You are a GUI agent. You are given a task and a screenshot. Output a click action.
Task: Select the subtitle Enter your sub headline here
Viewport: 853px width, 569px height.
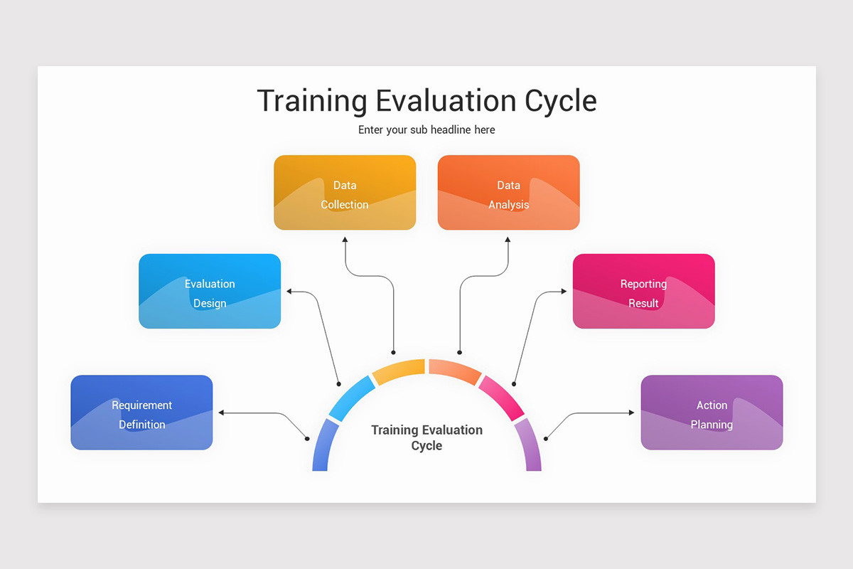(x=426, y=130)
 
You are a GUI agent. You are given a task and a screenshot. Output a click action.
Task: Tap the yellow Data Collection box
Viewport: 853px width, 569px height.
(x=345, y=193)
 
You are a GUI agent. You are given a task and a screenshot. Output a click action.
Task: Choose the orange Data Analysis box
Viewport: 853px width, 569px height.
(x=508, y=193)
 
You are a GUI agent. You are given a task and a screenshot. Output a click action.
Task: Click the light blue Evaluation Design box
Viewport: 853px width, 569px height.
(x=210, y=292)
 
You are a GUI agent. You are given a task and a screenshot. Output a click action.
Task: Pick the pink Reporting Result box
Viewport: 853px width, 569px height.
(x=643, y=292)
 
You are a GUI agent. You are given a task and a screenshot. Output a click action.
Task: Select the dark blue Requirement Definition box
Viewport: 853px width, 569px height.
(x=141, y=413)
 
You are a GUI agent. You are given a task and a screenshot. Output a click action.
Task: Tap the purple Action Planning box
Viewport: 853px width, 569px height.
(x=712, y=413)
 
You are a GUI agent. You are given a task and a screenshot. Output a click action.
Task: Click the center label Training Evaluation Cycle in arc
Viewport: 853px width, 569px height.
(x=426, y=437)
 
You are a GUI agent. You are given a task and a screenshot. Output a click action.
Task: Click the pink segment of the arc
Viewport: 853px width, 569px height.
(x=501, y=396)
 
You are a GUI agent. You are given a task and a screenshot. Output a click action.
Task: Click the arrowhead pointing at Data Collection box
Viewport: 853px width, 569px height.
(x=345, y=240)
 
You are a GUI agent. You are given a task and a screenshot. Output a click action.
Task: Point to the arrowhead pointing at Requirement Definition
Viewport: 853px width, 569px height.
(x=222, y=413)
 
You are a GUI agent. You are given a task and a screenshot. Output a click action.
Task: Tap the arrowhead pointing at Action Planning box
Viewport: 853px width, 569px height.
(x=631, y=413)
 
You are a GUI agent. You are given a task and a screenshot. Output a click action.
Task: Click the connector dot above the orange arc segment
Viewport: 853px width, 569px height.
(x=460, y=352)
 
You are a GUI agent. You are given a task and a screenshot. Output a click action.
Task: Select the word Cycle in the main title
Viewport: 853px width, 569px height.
(x=560, y=101)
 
